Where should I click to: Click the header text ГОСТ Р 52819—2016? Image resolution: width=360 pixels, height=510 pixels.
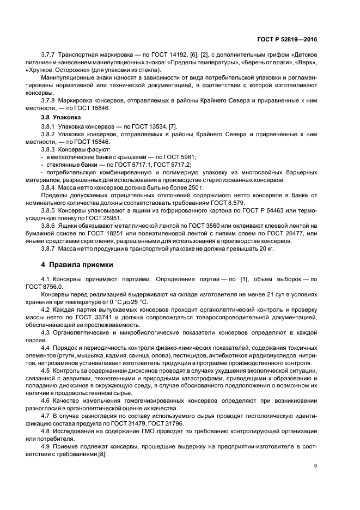tap(286, 40)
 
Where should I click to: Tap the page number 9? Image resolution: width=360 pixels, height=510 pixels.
tap(315, 466)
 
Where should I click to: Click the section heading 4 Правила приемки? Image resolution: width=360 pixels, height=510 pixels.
tap(78, 265)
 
